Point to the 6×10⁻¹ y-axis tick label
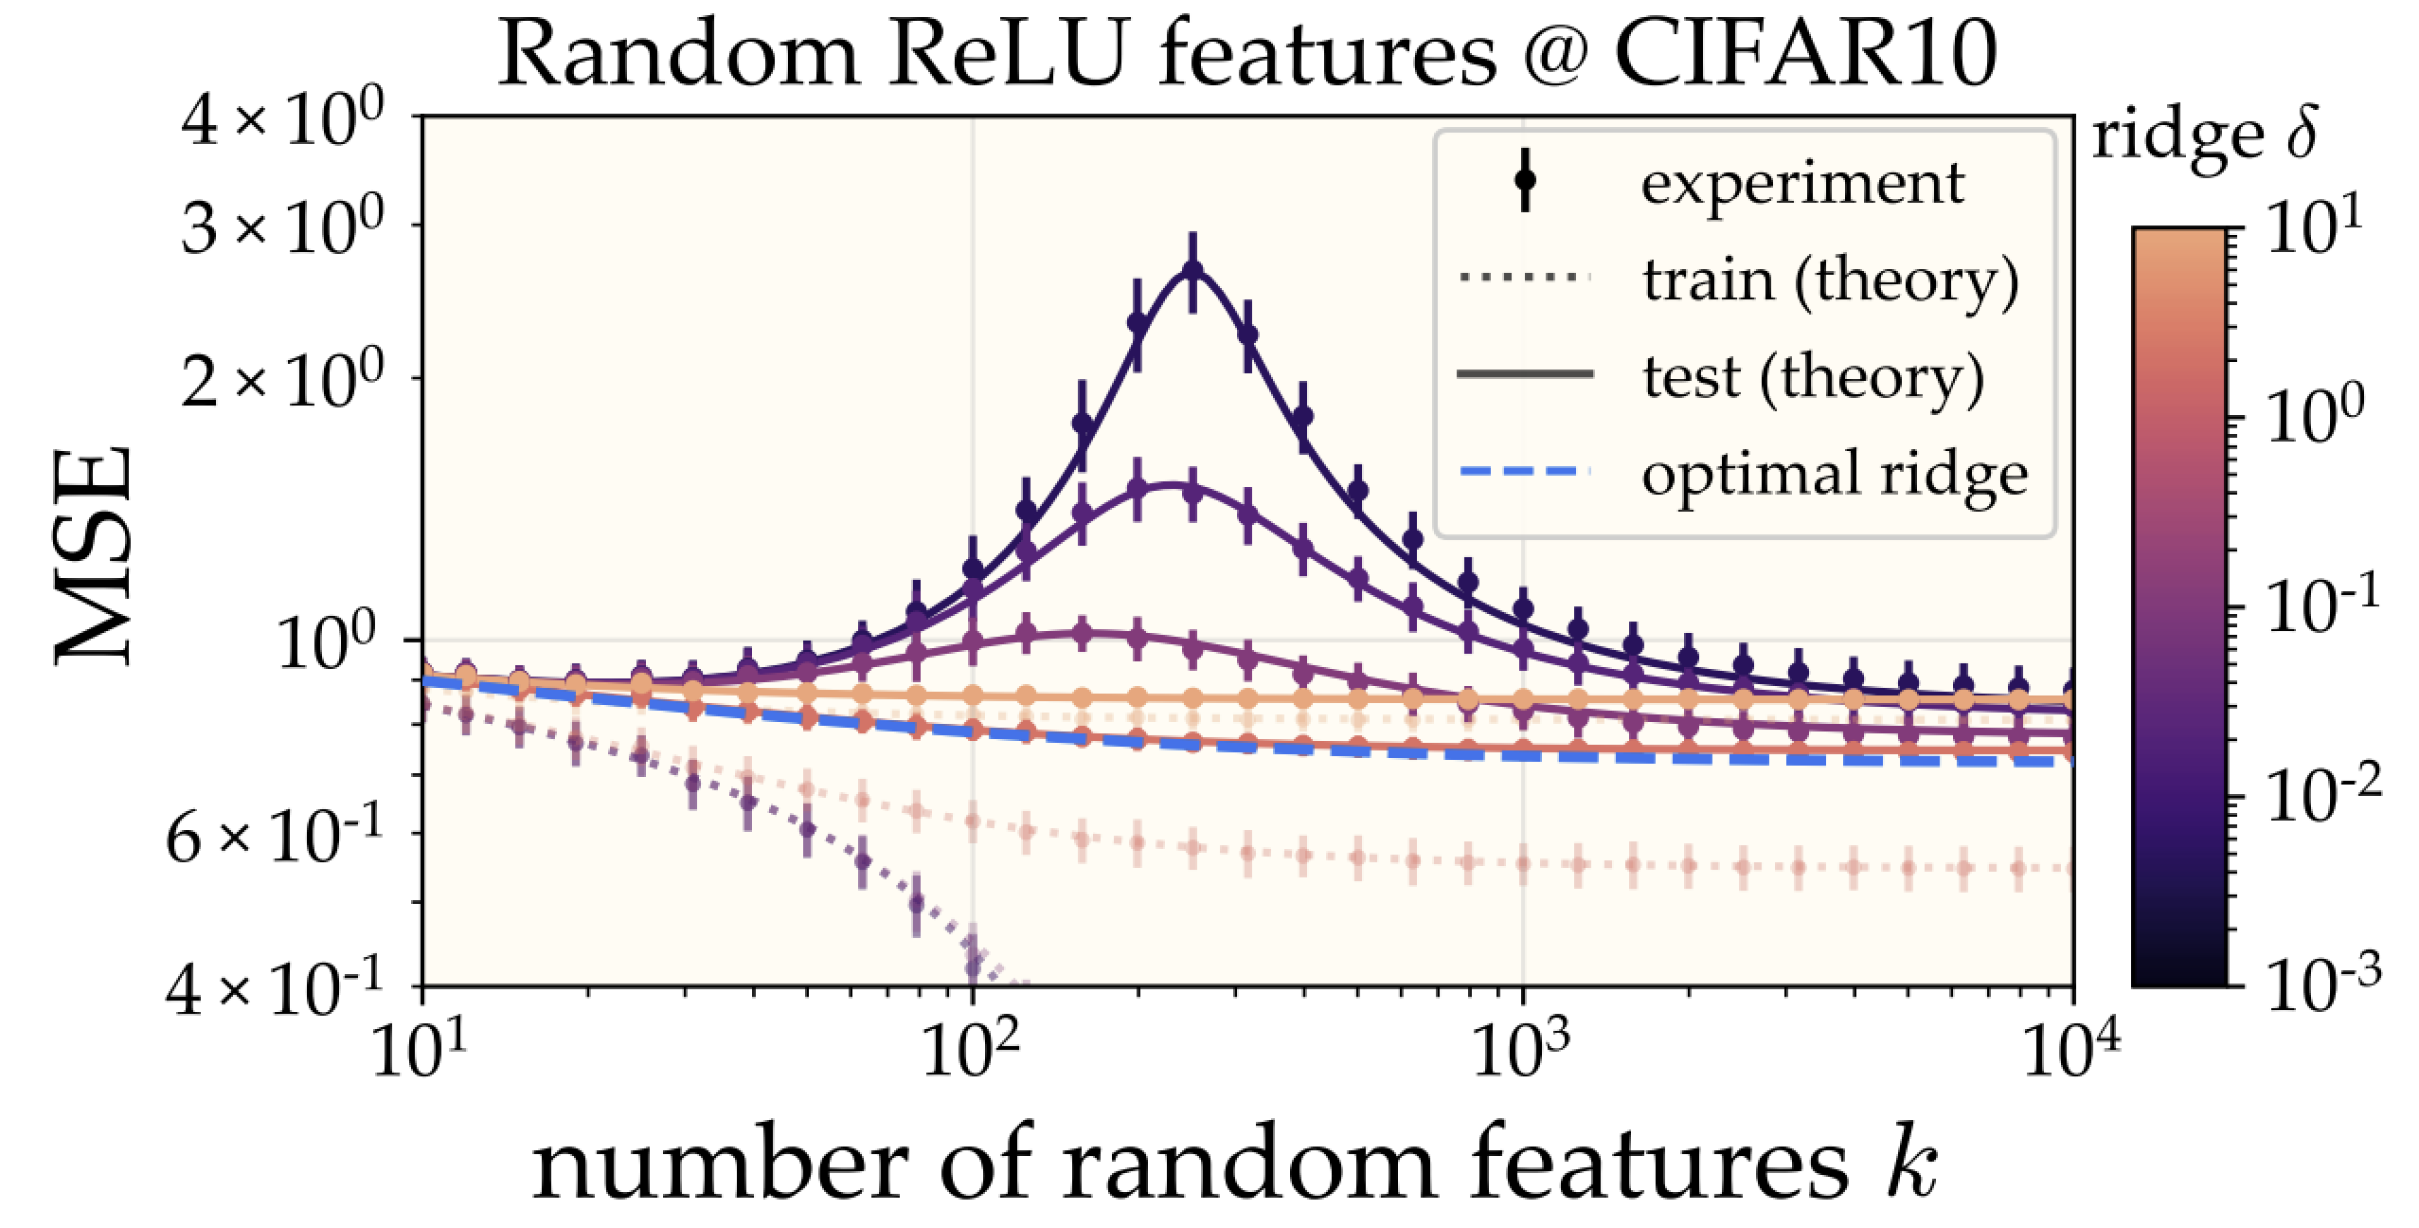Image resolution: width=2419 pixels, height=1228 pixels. pyautogui.click(x=275, y=834)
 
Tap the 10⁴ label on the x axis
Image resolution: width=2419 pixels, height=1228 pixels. pyautogui.click(x=2069, y=1049)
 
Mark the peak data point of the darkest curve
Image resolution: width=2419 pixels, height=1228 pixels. pyautogui.click(x=1192, y=271)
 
